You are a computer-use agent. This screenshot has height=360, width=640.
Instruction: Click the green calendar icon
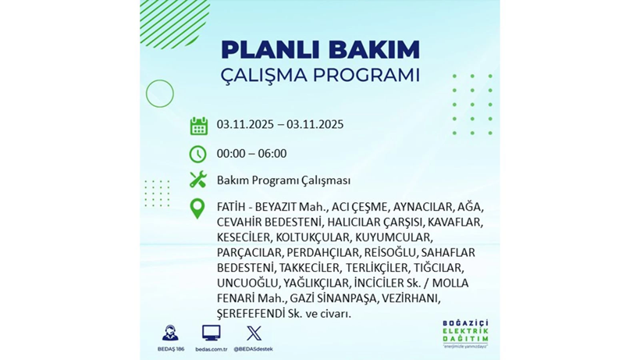198,126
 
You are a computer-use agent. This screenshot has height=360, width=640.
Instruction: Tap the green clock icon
198,154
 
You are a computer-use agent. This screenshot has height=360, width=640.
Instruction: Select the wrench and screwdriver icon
198,180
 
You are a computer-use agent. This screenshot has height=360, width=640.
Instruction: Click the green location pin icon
198,209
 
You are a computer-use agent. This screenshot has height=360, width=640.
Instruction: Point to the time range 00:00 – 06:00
251,154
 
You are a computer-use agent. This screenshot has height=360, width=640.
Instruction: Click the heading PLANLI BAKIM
320,49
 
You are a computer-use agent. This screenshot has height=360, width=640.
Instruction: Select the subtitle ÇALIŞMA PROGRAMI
320,76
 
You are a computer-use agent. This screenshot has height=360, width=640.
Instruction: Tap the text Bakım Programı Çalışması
283,180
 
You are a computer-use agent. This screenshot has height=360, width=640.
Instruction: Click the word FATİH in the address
232,207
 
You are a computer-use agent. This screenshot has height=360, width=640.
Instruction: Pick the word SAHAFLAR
447,252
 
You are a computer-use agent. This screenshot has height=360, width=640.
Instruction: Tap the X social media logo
254,333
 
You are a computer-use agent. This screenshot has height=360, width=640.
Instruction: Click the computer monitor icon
211,333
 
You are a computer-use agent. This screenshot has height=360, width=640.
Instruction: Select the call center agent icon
169,333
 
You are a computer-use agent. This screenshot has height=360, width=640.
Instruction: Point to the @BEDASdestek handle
254,349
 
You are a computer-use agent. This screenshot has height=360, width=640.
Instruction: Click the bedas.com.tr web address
211,349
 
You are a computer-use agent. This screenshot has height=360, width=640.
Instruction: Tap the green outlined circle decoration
160,94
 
